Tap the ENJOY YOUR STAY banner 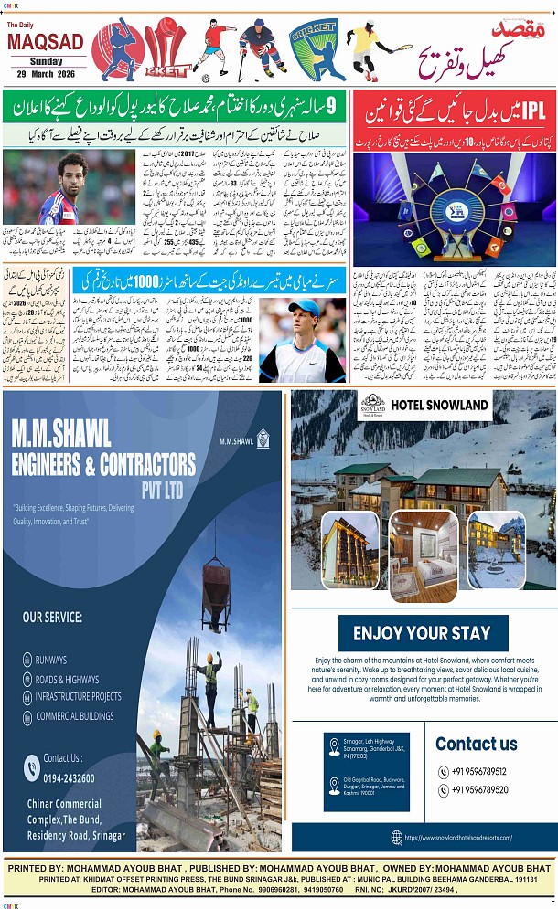point(422,633)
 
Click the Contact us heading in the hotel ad point(476,743)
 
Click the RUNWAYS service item point(51,659)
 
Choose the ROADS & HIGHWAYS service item point(67,679)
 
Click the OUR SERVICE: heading point(52,618)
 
